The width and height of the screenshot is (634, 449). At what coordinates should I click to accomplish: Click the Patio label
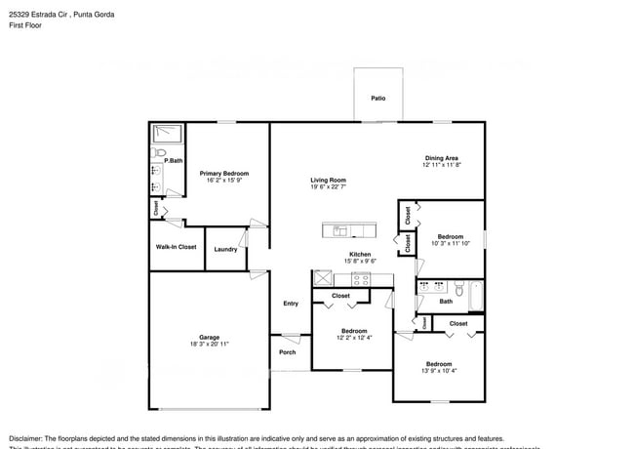click(377, 99)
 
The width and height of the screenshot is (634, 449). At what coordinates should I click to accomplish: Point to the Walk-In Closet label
click(176, 247)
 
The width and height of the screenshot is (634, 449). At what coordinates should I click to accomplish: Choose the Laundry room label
click(225, 249)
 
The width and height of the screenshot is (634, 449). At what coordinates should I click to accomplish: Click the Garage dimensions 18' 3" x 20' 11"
click(209, 344)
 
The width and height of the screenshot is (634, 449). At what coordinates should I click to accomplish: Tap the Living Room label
click(329, 180)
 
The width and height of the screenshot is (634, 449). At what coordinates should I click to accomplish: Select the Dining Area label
click(441, 157)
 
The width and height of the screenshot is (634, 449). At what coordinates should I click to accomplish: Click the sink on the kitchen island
click(340, 230)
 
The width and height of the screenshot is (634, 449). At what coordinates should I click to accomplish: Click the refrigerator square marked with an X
click(322, 279)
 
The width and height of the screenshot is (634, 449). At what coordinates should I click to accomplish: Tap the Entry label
click(291, 304)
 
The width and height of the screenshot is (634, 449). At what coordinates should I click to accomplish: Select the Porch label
click(287, 352)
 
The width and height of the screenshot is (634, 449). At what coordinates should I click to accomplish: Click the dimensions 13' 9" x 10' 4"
click(438, 371)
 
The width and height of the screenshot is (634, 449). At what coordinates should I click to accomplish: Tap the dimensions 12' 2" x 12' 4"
click(354, 338)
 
